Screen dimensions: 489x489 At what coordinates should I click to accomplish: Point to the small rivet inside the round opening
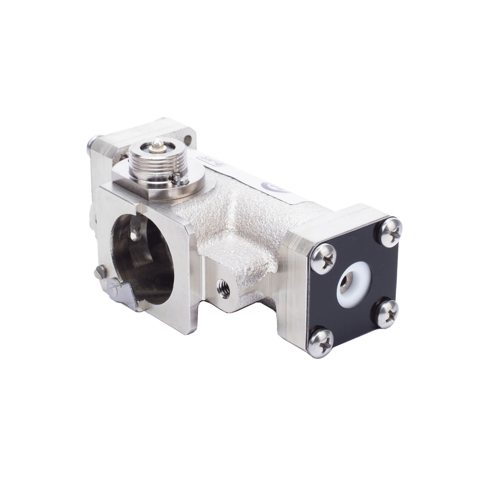137,232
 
